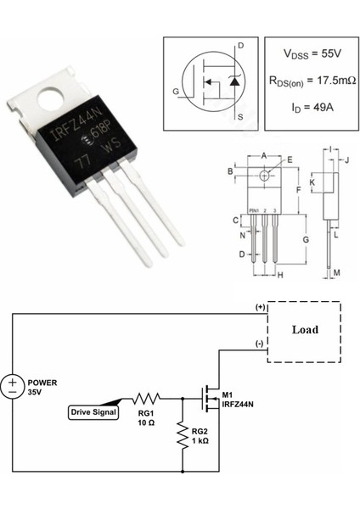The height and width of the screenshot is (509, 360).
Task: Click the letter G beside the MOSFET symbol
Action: coord(176,90)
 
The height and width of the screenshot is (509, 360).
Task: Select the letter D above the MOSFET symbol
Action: coord(240,45)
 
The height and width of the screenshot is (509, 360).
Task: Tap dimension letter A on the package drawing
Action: coord(264,155)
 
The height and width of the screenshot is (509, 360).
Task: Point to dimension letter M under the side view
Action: coord(337,272)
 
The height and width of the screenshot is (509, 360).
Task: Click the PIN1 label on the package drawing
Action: coord(253,209)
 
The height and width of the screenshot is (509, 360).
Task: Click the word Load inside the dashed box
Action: coord(305,330)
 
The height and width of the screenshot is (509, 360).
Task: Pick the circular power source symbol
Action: coord(12,387)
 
